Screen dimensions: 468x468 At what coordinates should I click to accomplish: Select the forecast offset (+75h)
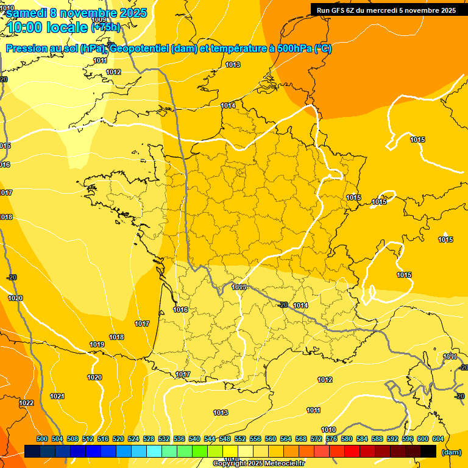click(x=105, y=27)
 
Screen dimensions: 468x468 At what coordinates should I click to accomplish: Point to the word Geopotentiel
click(x=138, y=49)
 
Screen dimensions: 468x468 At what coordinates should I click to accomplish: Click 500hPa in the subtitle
click(x=292, y=49)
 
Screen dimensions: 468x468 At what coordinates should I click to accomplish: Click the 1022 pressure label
click(x=26, y=403)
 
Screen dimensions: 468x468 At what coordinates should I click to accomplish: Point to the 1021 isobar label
click(x=57, y=396)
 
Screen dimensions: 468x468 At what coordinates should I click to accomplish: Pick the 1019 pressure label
click(x=97, y=344)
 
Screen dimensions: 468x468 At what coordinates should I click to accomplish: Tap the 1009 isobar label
click(x=98, y=54)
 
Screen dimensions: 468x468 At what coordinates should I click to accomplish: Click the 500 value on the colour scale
click(x=42, y=439)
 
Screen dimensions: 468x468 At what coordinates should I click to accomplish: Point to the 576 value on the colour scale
click(x=331, y=439)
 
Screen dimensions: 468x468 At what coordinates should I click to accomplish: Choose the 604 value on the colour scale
click(x=438, y=439)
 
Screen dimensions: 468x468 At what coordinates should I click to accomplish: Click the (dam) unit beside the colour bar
click(x=452, y=452)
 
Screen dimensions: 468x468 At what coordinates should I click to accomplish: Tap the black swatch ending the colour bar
click(x=428, y=451)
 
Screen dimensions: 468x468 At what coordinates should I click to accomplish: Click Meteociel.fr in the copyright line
click(x=282, y=463)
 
